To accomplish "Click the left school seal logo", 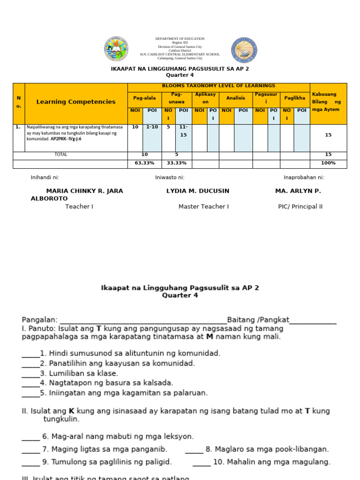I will tap(116, 49).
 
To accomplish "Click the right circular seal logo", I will tap(244, 50).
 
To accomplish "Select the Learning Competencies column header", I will tap(76, 102).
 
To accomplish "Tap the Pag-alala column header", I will tap(144, 98).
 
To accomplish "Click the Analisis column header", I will tap(236, 98).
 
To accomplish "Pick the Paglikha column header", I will tap(295, 98).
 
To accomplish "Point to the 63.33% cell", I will tap(144, 163).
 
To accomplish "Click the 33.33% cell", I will tap(176, 163).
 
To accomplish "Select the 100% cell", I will tap(328, 163).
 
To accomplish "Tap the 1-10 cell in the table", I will tap(152, 127).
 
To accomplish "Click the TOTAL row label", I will tap(61, 154).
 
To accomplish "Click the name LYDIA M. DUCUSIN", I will tap(198, 191).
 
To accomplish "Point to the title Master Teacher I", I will tap(203, 207).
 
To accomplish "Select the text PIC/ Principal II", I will tap(300, 207).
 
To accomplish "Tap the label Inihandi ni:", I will tap(45, 178).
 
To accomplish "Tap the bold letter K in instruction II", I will tap(72, 411).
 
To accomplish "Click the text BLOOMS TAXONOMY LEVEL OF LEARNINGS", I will tap(218, 86).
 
